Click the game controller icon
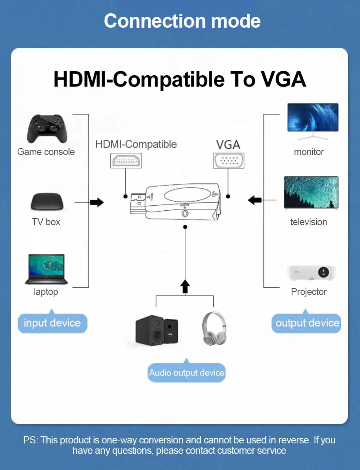(x=47, y=129)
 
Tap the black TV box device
(x=47, y=202)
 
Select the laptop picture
(x=46, y=269)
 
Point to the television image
(x=311, y=193)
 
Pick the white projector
(x=311, y=273)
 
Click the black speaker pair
(x=157, y=330)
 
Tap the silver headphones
(x=214, y=328)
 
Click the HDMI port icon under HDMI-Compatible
(x=126, y=161)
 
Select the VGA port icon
(x=229, y=161)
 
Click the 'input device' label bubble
(x=52, y=323)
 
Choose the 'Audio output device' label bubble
(x=186, y=373)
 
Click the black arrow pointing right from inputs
(x=97, y=202)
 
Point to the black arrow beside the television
(x=255, y=200)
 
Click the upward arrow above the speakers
(x=185, y=287)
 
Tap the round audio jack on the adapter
(x=185, y=213)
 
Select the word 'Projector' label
(x=309, y=292)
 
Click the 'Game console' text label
(x=46, y=152)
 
